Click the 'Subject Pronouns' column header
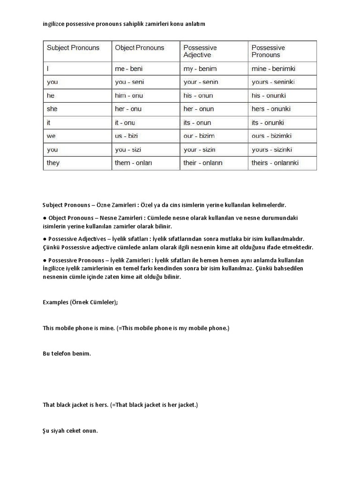pyautogui.click(x=73, y=48)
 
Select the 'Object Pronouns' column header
pyautogui.click(x=140, y=48)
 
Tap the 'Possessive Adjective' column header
pyautogui.click(x=200, y=51)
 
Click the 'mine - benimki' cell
pyautogui.click(x=274, y=68)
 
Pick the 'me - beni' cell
pyautogui.click(x=128, y=68)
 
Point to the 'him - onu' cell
pyautogui.click(x=129, y=96)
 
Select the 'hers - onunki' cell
pyautogui.click(x=271, y=109)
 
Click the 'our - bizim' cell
pyautogui.click(x=199, y=136)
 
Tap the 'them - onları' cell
pyautogui.click(x=134, y=163)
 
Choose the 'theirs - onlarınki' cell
pyautogui.click(x=275, y=163)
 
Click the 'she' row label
pyautogui.click(x=52, y=109)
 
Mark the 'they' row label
pyautogui.click(x=53, y=163)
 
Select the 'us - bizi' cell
pyautogui.click(x=128, y=136)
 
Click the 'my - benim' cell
pyautogui.click(x=200, y=68)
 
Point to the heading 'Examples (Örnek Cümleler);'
pyautogui.click(x=80, y=302)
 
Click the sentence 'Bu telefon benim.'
pyautogui.click(x=67, y=353)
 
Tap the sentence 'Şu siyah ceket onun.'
pyautogui.click(x=70, y=430)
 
